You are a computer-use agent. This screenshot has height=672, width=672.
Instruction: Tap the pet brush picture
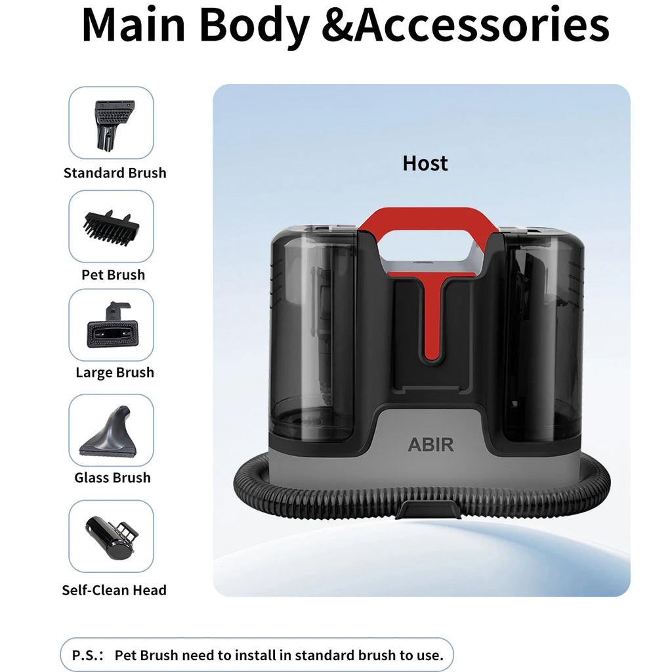[x=112, y=228]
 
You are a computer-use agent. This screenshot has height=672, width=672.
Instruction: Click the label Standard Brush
[x=115, y=173]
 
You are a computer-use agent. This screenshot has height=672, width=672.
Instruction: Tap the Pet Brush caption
[x=113, y=275]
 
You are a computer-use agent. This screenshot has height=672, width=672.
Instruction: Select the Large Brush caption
[x=115, y=373]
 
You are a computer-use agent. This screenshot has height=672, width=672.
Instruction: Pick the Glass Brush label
[x=112, y=478]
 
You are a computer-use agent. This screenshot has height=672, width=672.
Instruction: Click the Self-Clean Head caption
[x=114, y=590]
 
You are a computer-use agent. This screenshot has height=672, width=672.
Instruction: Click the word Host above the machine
[x=425, y=163]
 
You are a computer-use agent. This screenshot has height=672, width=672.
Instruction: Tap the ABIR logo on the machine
[x=430, y=445]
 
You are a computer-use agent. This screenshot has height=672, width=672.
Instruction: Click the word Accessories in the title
[x=482, y=26]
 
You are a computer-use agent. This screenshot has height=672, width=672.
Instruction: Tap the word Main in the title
[x=133, y=25]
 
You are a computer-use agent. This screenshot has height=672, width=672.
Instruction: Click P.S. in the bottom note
[x=87, y=656]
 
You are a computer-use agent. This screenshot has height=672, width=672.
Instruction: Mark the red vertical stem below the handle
[x=433, y=320]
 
